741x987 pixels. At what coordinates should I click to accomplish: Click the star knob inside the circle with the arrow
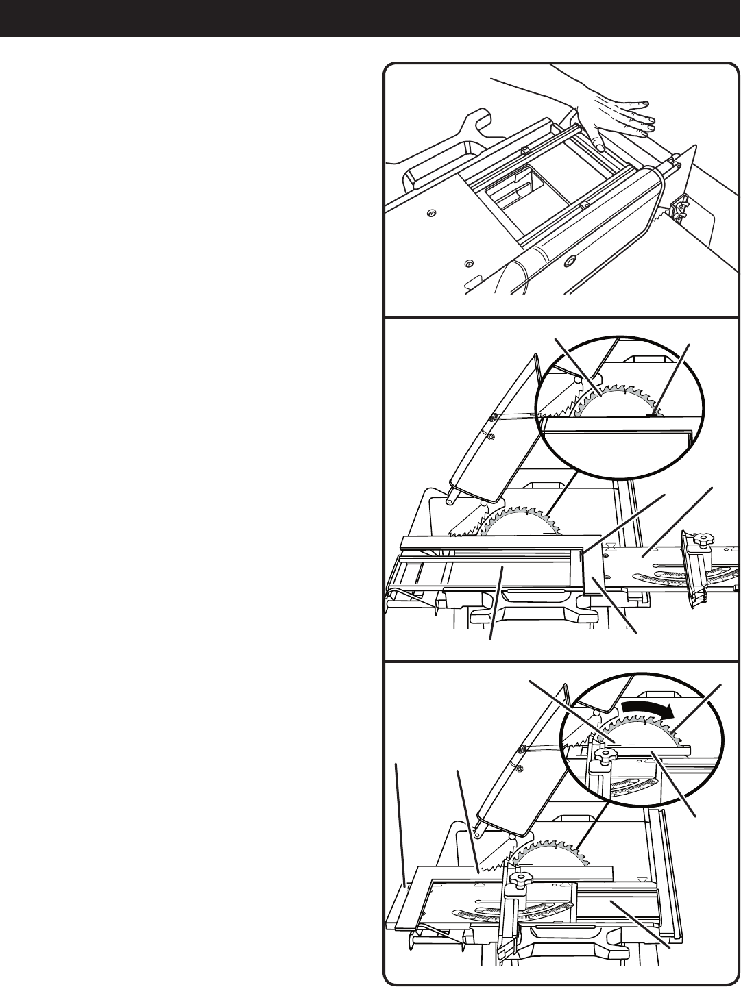tap(604, 757)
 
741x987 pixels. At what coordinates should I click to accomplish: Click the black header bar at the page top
tap(370, 18)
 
